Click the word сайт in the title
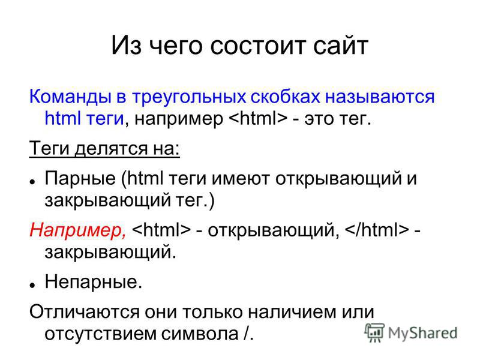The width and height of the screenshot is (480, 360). [x=340, y=46]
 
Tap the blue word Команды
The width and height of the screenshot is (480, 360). [x=70, y=97]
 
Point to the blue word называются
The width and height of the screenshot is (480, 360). [x=380, y=97]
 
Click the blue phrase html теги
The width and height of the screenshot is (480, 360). [x=84, y=118]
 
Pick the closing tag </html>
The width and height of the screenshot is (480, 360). [x=377, y=230]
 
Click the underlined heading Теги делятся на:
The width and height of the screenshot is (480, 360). [x=104, y=148]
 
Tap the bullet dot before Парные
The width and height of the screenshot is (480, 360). [x=32, y=181]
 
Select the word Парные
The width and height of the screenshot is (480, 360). [x=80, y=179]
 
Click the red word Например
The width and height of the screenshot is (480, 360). [x=77, y=230]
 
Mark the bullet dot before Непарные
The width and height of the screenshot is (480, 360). [x=32, y=284]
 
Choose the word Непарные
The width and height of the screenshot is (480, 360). [x=94, y=282]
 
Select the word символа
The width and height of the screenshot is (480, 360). [x=200, y=334]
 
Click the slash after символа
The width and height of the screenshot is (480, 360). [x=247, y=333]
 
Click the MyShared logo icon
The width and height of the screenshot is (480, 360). [x=374, y=332]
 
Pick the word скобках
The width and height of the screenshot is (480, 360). [x=286, y=97]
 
